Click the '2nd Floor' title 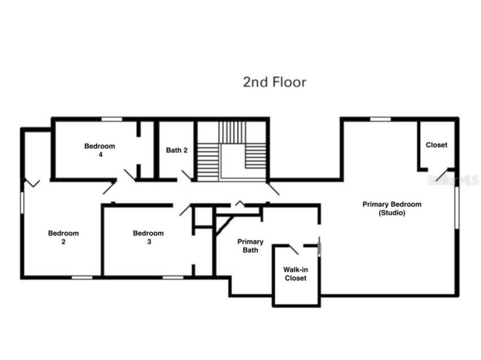coord(275,82)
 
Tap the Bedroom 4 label coord(100,150)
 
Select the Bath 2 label coord(176,150)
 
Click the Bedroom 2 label coord(63,237)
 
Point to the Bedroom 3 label coord(148,237)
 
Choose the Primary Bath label coord(250,246)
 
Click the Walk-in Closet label coord(295,274)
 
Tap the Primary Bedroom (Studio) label coord(391,208)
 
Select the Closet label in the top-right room coord(436,145)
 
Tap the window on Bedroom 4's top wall coord(112,119)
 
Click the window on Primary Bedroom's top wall coord(380,119)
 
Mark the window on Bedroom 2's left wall coord(23,202)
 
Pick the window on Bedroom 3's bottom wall coord(173,277)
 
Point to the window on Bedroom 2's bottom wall coord(82,277)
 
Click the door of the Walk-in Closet coord(294,249)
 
